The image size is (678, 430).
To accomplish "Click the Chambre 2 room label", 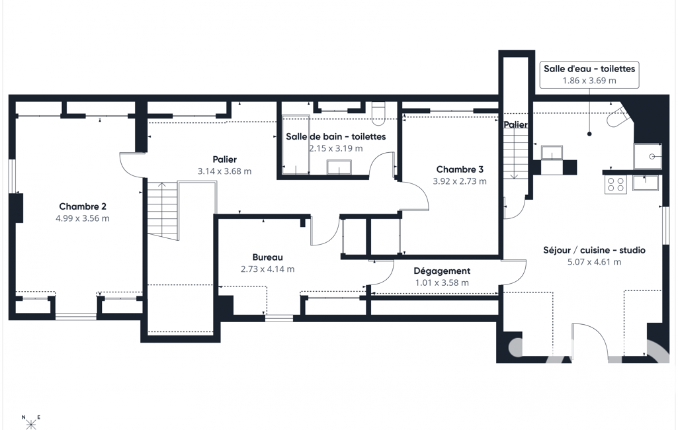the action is coord(83,206).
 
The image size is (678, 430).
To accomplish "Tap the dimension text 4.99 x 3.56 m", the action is coord(83,218).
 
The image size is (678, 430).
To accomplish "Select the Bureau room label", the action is coord(268,257).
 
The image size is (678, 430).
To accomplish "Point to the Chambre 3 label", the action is coord(460,169).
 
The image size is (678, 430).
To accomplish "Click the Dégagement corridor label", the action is coord(442,271).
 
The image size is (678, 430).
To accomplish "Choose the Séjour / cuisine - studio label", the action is coord(594,250).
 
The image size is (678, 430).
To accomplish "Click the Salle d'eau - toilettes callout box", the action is coord(589,74).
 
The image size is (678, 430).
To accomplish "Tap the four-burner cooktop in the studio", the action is coord(616,185).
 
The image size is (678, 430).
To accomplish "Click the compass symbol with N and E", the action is coord(31,422).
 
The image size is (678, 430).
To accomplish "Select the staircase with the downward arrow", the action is coord(515,154).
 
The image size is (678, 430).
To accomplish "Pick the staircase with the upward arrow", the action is coord(163,210).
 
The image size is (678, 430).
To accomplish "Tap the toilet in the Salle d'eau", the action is coord(616,117).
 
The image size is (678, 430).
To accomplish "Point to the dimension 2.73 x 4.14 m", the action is coord(268,269).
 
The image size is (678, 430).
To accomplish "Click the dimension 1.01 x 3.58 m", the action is coord(442,283).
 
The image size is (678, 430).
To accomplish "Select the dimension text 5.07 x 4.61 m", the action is coord(594,262).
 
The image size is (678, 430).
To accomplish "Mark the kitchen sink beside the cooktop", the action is coord(645,183).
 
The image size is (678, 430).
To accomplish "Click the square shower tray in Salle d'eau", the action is coord(648,156).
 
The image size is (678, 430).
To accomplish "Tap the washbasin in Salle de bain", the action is coord(339,167).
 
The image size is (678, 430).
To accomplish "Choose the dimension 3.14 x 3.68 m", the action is coord(224,171).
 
